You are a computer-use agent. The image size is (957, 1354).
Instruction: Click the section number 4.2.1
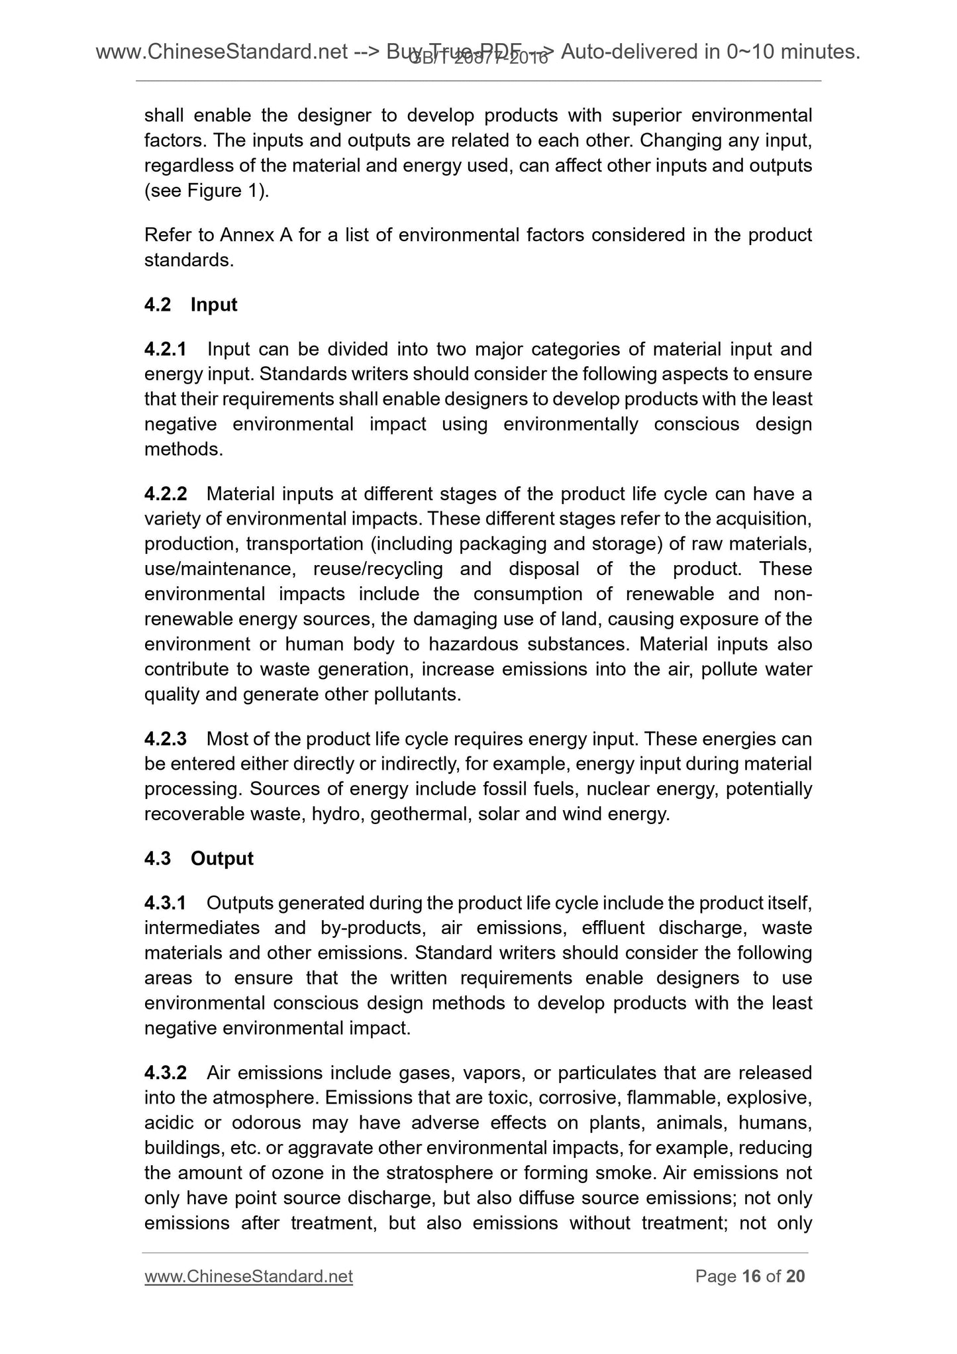[x=166, y=349]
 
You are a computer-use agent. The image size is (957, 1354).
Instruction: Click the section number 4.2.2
[x=166, y=494]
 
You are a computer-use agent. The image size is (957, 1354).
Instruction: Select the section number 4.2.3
[x=166, y=739]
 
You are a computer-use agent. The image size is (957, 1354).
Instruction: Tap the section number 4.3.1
[x=166, y=903]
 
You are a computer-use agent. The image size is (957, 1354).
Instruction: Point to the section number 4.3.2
[x=166, y=1072]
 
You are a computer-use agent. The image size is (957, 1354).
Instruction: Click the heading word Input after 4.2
[x=214, y=305]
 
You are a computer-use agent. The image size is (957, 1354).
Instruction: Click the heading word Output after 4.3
[x=222, y=859]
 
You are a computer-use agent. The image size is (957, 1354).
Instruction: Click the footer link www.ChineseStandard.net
[x=248, y=1276]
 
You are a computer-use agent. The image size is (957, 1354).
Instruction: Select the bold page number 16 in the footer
[x=751, y=1276]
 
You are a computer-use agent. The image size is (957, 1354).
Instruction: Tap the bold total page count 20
[x=795, y=1276]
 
